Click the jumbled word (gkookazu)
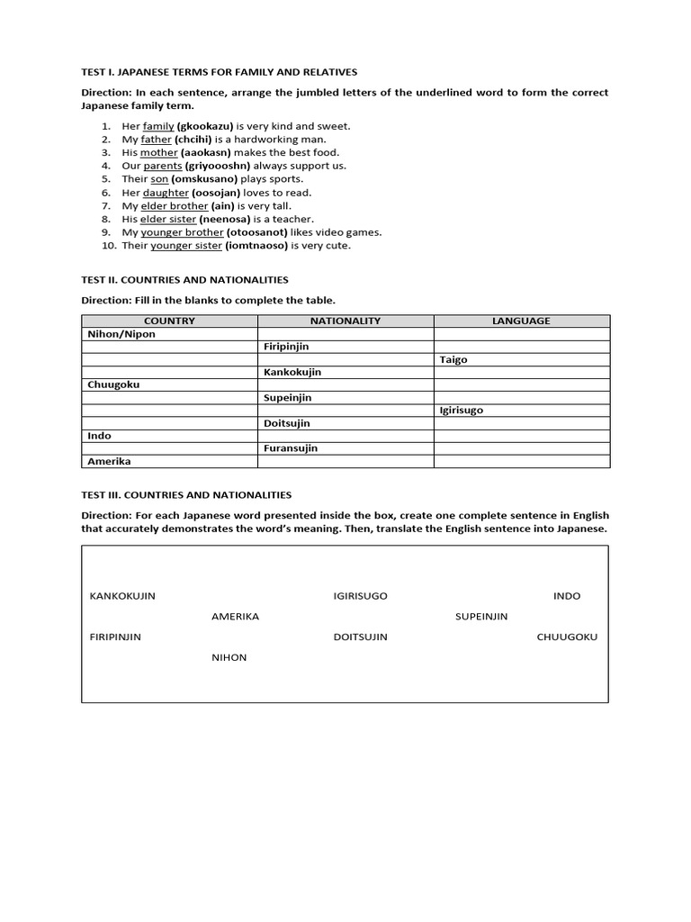(x=205, y=126)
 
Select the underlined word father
(x=156, y=140)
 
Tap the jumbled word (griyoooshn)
(x=218, y=166)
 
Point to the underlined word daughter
(x=166, y=193)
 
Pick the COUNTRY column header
(x=169, y=321)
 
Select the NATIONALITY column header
(x=345, y=321)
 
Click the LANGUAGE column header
(x=521, y=321)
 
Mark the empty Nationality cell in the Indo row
(x=345, y=436)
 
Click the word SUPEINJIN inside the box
(x=481, y=617)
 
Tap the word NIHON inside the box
(x=229, y=657)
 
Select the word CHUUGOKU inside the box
(x=567, y=637)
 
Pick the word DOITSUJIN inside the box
(x=360, y=637)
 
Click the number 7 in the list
(x=105, y=205)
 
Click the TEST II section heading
(x=184, y=280)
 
